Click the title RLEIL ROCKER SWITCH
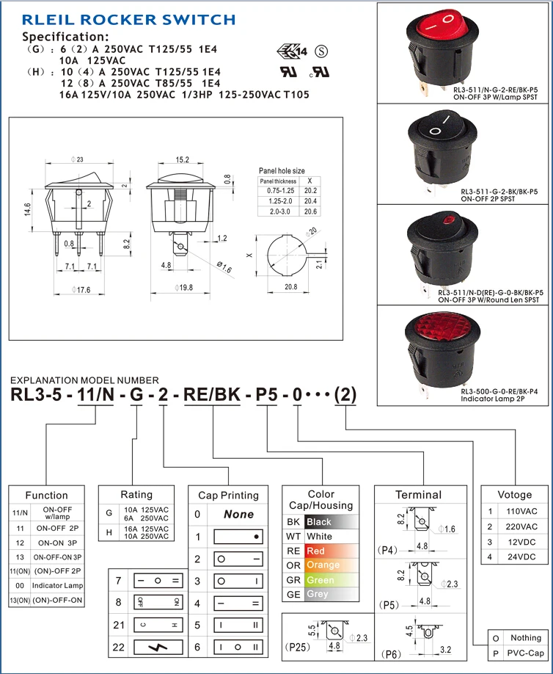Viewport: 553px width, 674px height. pos(128,20)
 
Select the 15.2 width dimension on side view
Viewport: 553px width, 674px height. pos(183,159)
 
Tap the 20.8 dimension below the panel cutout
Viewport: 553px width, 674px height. pos(290,286)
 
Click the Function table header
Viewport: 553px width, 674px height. pos(46,495)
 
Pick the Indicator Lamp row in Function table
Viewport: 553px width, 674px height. pos(62,585)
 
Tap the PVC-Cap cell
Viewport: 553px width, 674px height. pos(525,653)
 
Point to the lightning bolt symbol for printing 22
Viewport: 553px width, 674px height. pos(157,647)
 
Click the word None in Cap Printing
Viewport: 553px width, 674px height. pos(238,515)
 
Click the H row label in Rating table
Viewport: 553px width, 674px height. pos(109,532)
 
